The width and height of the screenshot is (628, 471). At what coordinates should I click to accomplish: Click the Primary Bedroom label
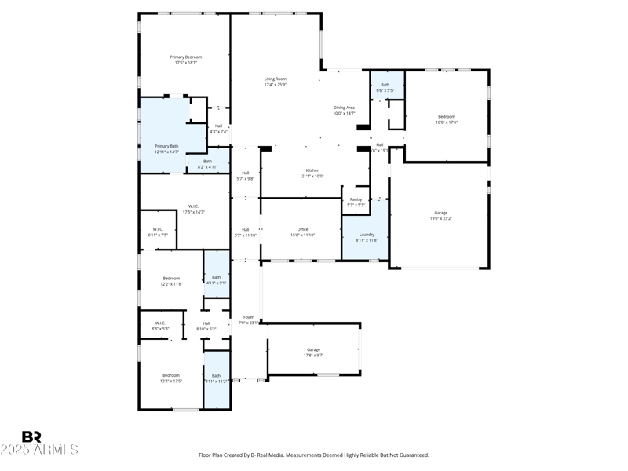click(x=186, y=57)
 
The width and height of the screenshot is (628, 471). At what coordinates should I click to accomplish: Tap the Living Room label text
click(x=275, y=78)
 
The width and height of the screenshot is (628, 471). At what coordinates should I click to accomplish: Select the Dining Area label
click(x=345, y=108)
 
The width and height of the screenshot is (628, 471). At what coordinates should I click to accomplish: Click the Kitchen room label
click(x=312, y=170)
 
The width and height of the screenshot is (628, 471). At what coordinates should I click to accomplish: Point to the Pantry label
click(x=356, y=199)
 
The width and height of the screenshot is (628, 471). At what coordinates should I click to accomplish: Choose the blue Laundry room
click(x=367, y=235)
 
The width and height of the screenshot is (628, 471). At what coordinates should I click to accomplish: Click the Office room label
click(x=302, y=229)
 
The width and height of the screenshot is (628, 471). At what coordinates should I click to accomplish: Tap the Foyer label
click(x=248, y=318)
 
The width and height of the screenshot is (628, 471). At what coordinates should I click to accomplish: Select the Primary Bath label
click(x=166, y=146)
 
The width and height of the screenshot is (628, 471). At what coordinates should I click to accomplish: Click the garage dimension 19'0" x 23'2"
click(x=441, y=218)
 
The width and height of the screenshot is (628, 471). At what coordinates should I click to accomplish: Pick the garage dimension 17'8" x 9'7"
click(x=313, y=355)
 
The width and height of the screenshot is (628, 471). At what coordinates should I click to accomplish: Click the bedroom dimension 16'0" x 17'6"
click(x=447, y=122)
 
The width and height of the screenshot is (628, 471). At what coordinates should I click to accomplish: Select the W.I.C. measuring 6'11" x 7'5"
click(x=158, y=235)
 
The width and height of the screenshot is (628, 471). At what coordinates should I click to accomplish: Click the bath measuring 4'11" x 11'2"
click(x=216, y=381)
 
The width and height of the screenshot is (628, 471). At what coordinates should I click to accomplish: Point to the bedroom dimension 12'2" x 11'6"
click(x=171, y=284)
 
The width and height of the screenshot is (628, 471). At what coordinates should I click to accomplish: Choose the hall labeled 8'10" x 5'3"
click(x=206, y=329)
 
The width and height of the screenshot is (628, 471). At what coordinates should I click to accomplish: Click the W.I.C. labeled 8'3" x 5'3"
click(x=159, y=329)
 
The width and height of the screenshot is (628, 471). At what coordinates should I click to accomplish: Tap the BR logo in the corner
click(x=31, y=437)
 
